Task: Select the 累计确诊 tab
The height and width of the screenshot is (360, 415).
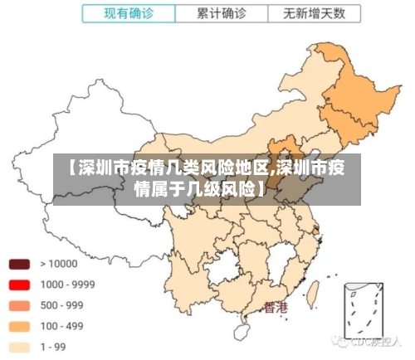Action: [x=221, y=13]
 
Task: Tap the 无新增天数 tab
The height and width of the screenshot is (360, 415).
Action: [x=315, y=13]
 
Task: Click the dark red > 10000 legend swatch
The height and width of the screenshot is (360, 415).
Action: [x=19, y=264]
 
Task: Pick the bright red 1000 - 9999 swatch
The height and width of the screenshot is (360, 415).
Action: [x=19, y=285]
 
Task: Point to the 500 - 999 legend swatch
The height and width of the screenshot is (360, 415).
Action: [x=19, y=305]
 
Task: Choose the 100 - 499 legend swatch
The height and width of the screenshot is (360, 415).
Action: [x=19, y=326]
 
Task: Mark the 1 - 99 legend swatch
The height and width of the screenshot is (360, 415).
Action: [x=19, y=347]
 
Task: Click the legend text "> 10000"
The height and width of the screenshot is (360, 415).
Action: [x=58, y=264]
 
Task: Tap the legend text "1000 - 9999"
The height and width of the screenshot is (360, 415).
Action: [x=67, y=285]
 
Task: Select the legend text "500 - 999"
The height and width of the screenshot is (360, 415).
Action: [x=62, y=305]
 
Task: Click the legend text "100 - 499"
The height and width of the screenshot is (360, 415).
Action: [x=62, y=326]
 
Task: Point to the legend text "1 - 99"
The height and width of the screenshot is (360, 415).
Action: [x=55, y=347]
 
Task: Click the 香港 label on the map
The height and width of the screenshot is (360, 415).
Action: [x=276, y=308]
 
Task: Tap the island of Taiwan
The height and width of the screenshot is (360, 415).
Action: [x=314, y=293]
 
